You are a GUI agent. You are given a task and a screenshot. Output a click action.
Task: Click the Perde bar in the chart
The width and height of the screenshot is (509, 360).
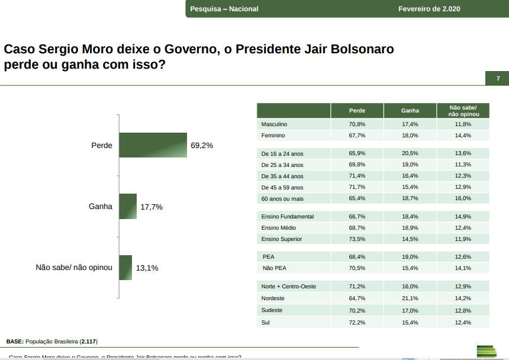pyautogui.click(x=153, y=145)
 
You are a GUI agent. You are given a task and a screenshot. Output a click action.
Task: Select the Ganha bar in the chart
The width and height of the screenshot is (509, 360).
pyautogui.click(x=128, y=207)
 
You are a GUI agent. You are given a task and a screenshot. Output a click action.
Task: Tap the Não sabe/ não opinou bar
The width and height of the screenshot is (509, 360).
pyautogui.click(x=125, y=268)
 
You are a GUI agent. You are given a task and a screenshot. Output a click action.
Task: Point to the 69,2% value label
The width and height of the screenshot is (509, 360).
pyautogui.click(x=202, y=146)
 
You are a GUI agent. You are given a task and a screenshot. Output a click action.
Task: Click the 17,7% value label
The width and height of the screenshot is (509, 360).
pyautogui.click(x=152, y=207)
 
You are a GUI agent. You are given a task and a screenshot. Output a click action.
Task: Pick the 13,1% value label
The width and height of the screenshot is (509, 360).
pyautogui.click(x=147, y=268)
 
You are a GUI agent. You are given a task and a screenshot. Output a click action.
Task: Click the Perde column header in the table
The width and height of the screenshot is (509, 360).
pyautogui.click(x=357, y=111)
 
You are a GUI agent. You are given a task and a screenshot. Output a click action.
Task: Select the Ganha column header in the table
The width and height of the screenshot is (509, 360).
pyautogui.click(x=410, y=111)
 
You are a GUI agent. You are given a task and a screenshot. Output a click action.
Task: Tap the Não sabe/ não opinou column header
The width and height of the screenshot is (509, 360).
pyautogui.click(x=463, y=111)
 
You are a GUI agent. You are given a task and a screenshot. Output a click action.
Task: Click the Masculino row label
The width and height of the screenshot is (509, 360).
pyautogui.click(x=274, y=124)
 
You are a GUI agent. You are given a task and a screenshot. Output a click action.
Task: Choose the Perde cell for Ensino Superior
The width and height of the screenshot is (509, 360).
pyautogui.click(x=357, y=239)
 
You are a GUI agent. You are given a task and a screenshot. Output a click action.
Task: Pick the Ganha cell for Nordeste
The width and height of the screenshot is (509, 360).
pyautogui.click(x=410, y=298)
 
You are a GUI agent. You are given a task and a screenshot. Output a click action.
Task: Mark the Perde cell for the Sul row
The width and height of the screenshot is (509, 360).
pyautogui.click(x=357, y=322)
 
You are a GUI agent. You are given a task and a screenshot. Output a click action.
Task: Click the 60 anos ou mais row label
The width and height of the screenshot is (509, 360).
pyautogui.click(x=283, y=198)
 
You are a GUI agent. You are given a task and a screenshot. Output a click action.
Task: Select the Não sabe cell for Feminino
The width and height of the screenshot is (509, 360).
pyautogui.click(x=463, y=136)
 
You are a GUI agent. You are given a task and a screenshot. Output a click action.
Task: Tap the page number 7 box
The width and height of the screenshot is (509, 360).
pyautogui.click(x=498, y=79)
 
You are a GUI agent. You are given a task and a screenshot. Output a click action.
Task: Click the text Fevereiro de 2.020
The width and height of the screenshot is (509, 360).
pyautogui.click(x=429, y=9)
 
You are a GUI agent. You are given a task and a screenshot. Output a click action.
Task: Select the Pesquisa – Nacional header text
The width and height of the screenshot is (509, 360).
pyautogui.click(x=224, y=9)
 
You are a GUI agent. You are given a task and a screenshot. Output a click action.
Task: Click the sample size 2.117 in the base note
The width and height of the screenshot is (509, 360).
pyautogui.click(x=89, y=342)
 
